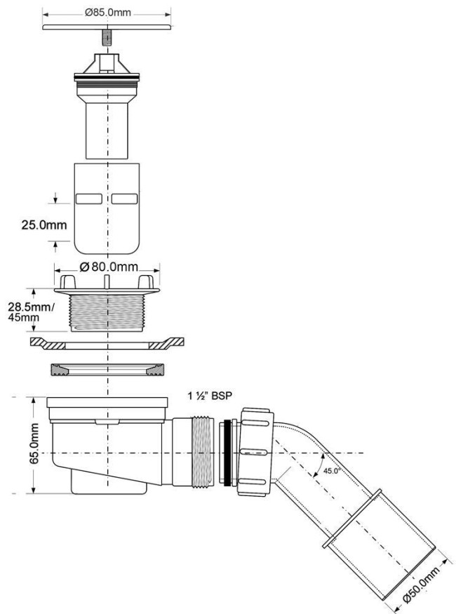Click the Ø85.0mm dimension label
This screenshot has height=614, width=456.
[x=107, y=13]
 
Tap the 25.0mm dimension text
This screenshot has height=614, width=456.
[x=43, y=225]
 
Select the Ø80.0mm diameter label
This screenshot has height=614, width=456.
[x=109, y=267]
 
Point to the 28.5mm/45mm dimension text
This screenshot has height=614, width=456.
[x=29, y=312]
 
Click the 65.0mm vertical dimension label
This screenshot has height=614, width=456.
[x=34, y=443]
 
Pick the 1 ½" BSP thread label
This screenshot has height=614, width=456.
[x=210, y=396]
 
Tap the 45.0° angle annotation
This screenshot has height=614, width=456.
[x=330, y=471]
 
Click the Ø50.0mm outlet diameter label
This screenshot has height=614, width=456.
[x=421, y=586]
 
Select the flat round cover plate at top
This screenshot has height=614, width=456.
[x=107, y=27]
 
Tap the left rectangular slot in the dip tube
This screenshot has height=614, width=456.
[x=89, y=199]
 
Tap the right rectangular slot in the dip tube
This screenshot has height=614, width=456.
[x=124, y=199]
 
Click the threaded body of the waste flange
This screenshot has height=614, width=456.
[x=107, y=312]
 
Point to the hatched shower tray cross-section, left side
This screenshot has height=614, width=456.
[x=48, y=342]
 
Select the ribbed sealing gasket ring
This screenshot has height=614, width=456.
[x=107, y=370]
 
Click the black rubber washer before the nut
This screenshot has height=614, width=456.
[x=227, y=453]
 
